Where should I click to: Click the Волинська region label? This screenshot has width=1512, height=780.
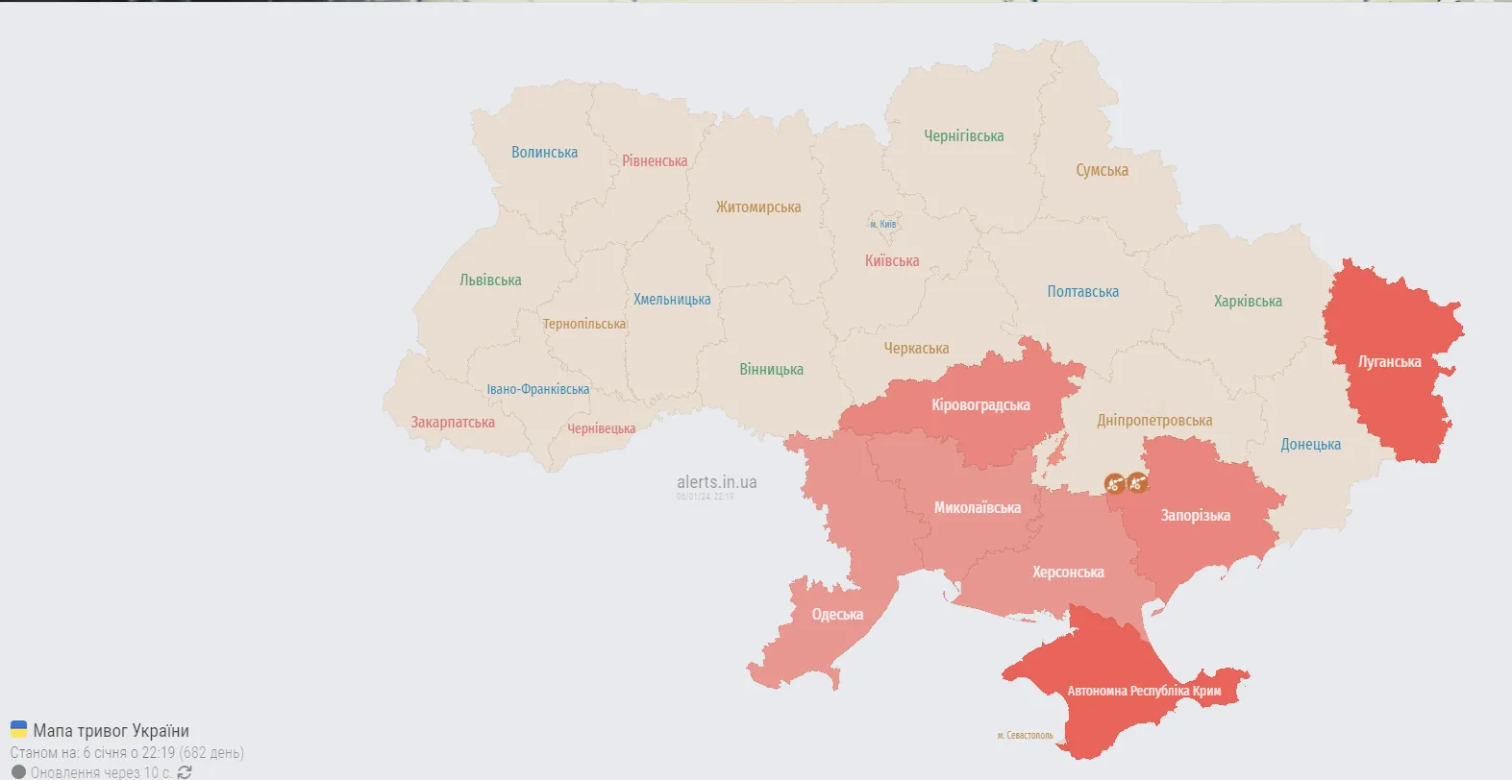click(544, 153)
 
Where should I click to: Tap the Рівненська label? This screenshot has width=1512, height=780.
click(655, 161)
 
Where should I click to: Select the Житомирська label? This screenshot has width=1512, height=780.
click(757, 207)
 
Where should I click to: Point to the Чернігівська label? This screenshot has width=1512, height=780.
click(963, 136)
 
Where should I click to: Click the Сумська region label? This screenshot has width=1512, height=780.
click(1102, 171)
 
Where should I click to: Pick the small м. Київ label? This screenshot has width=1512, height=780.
click(882, 224)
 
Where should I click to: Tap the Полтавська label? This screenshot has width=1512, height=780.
click(1082, 292)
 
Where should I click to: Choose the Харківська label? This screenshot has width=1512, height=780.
click(1247, 302)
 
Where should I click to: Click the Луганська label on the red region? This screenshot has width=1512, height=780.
click(1389, 362)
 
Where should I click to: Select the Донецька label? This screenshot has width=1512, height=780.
click(1310, 445)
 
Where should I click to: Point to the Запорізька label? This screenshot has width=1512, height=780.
click(1195, 516)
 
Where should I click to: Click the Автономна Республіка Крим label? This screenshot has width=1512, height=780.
click(1144, 691)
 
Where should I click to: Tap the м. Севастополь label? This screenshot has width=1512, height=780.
click(1025, 736)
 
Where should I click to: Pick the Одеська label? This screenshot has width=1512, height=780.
click(837, 615)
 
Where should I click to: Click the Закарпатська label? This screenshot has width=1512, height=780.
click(453, 423)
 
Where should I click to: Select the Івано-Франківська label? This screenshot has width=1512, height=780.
click(537, 389)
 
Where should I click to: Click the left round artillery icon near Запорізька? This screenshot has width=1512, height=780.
click(1114, 484)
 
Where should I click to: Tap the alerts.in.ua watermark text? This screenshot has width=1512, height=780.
click(716, 482)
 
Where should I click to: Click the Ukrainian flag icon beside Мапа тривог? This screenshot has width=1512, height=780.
click(18, 729)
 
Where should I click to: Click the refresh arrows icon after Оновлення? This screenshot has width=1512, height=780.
click(185, 772)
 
